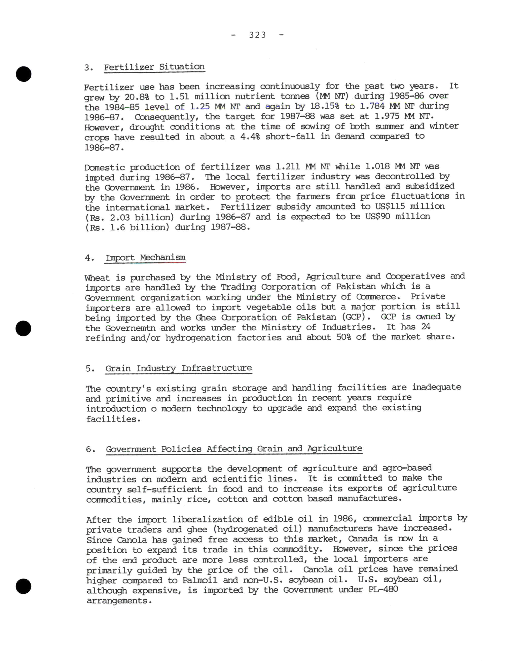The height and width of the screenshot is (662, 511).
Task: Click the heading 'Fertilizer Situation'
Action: point(154,67)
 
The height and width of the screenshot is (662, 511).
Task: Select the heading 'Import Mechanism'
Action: point(145,258)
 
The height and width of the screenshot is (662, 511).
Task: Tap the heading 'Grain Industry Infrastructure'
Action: point(179,368)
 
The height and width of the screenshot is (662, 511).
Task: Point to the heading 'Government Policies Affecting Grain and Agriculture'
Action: point(234,449)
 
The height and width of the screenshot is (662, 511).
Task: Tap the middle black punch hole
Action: point(24,328)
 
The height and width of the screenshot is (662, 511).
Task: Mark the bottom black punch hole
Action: point(24,586)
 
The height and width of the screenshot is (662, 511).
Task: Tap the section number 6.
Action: point(89,449)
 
